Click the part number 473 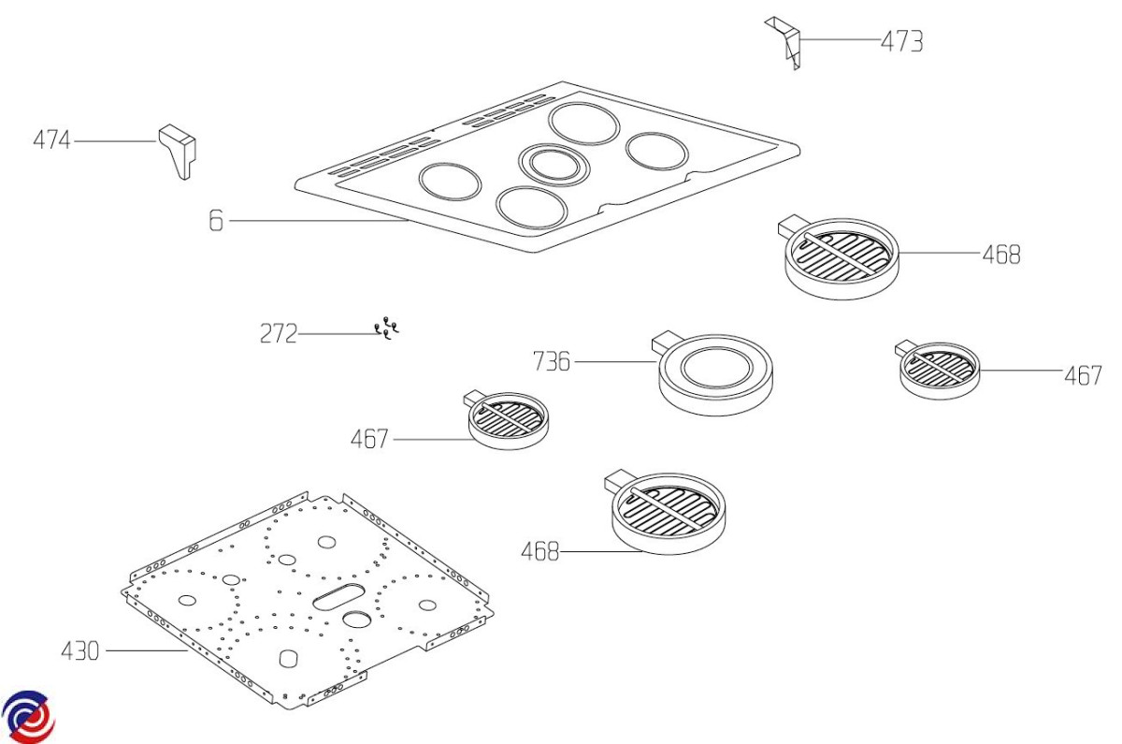coord(901,41)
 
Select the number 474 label coord(51,141)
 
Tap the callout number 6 coord(216,222)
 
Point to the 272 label coord(278,334)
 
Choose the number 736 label coord(551,361)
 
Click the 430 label coord(79,650)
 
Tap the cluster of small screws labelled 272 coord(386,328)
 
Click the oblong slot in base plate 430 coord(340,594)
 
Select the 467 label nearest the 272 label coord(369,439)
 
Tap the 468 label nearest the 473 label coord(1000,255)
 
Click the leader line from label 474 coord(114,141)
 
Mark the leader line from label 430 coord(140,649)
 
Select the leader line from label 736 coord(612,360)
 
